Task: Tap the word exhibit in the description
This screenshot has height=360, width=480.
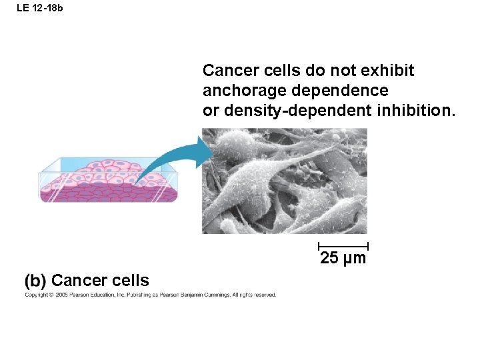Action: [390, 71]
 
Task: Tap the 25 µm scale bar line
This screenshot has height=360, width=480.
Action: [343, 246]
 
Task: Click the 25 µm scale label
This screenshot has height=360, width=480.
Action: [343, 259]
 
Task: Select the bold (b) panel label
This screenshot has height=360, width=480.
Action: [36, 280]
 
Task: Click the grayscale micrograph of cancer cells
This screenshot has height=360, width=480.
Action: [285, 181]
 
